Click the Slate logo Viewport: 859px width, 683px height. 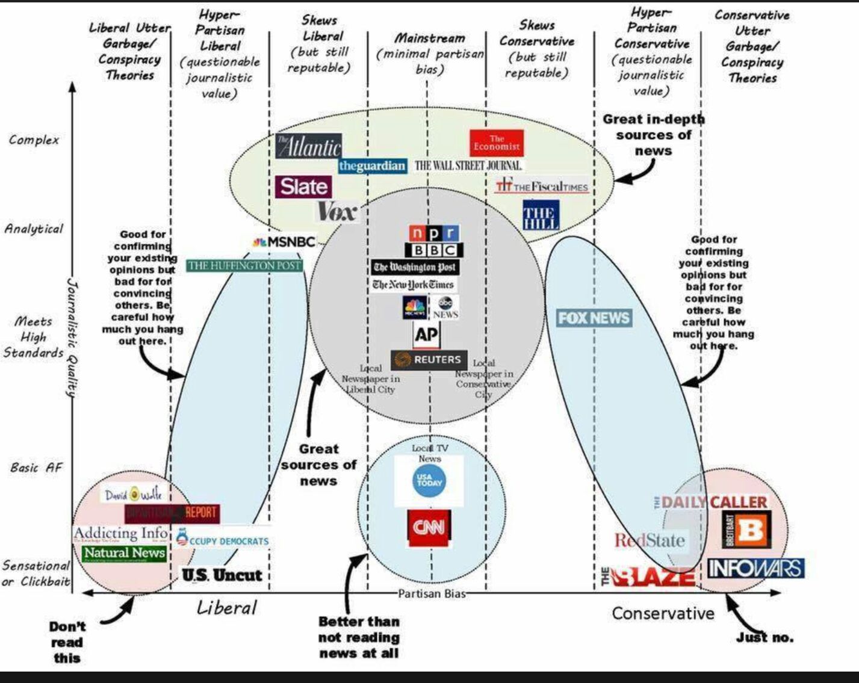click(x=303, y=187)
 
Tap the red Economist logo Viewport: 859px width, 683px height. click(x=497, y=143)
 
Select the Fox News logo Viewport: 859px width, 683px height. click(x=594, y=318)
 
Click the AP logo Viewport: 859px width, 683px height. click(x=426, y=334)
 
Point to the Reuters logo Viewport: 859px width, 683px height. click(x=429, y=360)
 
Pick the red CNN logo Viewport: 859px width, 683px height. click(x=429, y=528)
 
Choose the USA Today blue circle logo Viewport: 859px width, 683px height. click(x=429, y=481)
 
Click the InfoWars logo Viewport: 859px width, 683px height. click(x=755, y=568)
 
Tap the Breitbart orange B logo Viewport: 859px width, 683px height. click(x=746, y=530)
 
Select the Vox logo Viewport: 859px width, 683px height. click(x=336, y=211)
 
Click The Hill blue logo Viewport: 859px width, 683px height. click(x=540, y=215)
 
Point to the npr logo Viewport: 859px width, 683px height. click(x=433, y=233)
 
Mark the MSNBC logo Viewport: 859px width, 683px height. click(x=284, y=242)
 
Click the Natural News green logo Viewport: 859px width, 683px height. click(x=124, y=553)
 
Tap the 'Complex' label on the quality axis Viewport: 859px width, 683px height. click(x=34, y=140)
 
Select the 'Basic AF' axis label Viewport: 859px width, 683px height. click(x=36, y=468)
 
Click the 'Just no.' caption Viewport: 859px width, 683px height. click(x=764, y=637)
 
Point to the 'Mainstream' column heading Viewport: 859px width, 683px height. click(x=430, y=39)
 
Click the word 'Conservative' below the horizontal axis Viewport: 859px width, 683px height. click(x=663, y=613)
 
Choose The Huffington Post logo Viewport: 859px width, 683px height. click(x=244, y=265)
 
